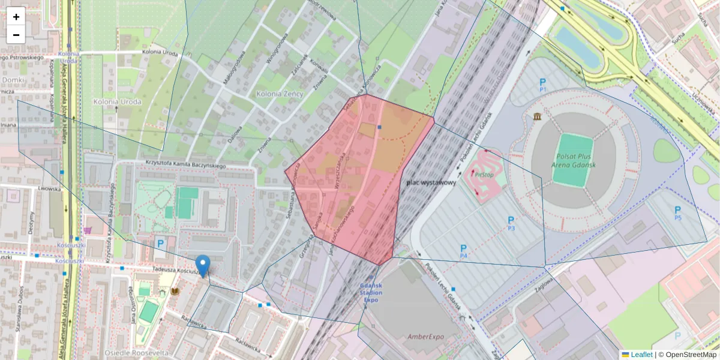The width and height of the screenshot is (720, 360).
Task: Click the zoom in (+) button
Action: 16,17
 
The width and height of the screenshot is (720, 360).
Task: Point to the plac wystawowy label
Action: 431,182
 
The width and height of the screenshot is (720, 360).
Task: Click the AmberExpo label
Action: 426,337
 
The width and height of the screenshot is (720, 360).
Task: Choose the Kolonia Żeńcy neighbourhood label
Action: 280,94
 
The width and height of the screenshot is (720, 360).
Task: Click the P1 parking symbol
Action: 543,85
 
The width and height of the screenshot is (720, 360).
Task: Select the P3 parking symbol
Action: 511,223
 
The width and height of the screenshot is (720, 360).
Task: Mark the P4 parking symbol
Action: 463,251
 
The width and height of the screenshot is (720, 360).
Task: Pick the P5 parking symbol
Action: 678,212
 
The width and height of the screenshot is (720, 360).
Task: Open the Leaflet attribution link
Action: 641,355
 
